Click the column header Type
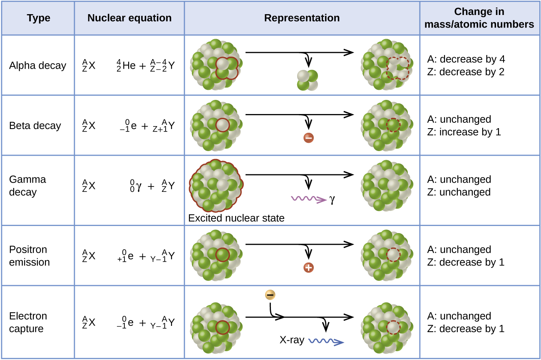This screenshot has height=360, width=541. point(38,18)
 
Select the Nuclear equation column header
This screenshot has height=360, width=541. point(129,18)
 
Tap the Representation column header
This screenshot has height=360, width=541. point(302,18)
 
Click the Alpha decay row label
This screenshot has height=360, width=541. point(38,66)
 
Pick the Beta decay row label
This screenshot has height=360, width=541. point(35,126)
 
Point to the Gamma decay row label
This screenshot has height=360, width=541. point(28,186)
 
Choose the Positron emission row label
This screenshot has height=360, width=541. point(30,256)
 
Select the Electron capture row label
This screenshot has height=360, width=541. point(28,322)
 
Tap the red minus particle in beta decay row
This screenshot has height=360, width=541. point(308,138)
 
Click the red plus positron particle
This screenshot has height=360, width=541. point(308,268)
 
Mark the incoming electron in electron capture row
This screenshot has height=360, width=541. point(270,295)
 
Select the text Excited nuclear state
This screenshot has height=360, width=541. point(236,218)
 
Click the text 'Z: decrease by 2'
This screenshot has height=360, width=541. point(466,72)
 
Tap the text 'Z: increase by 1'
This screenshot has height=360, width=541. point(464,132)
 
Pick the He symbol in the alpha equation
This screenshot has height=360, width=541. point(129,66)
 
